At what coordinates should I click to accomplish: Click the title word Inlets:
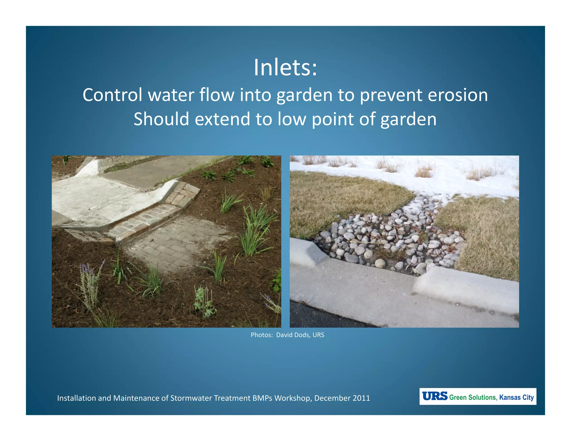point(285,68)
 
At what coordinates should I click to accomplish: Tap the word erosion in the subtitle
point(458,95)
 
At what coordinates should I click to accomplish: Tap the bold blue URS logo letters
point(434,396)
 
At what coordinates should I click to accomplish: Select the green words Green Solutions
point(473,397)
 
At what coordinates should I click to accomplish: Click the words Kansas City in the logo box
point(516,397)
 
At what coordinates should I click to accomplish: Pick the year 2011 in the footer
point(361,398)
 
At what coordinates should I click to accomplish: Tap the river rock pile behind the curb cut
point(390,237)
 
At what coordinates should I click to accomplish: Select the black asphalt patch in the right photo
point(321,316)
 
